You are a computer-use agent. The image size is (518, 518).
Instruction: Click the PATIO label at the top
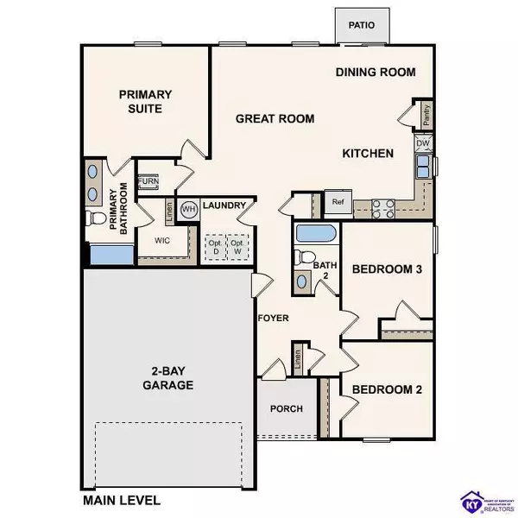[x=362, y=25]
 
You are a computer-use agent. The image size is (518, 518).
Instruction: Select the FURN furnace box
[x=148, y=181]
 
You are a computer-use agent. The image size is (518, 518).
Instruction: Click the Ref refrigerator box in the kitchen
[x=337, y=202]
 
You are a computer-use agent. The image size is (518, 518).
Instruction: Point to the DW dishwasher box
[x=423, y=143]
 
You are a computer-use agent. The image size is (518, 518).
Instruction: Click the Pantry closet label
[x=426, y=113]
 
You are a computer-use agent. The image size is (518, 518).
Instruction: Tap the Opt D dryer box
[x=213, y=247]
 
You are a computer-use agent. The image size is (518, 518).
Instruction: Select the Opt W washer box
[x=236, y=247]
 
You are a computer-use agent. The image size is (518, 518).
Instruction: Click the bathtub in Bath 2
[x=314, y=233]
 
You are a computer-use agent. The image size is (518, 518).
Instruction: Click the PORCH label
[x=287, y=408]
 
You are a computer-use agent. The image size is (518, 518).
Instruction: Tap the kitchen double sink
[x=425, y=164]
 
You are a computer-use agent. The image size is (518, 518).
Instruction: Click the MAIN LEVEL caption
[x=121, y=500]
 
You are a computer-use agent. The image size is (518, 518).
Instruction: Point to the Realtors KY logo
[x=471, y=500]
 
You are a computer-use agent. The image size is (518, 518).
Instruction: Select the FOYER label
[x=273, y=319]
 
